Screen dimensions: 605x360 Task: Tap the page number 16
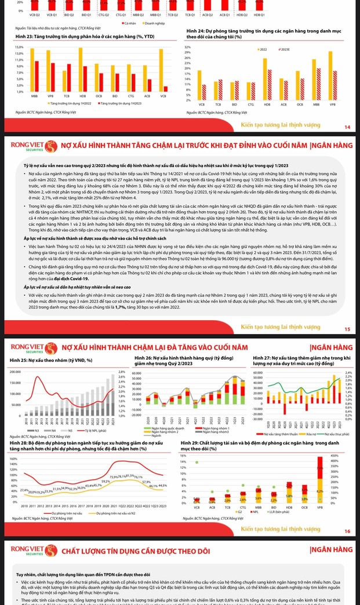[x=347, y=531]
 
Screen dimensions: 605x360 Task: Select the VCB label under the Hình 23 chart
[x=163, y=96]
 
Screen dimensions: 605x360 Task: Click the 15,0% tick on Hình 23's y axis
[x=19, y=47]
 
